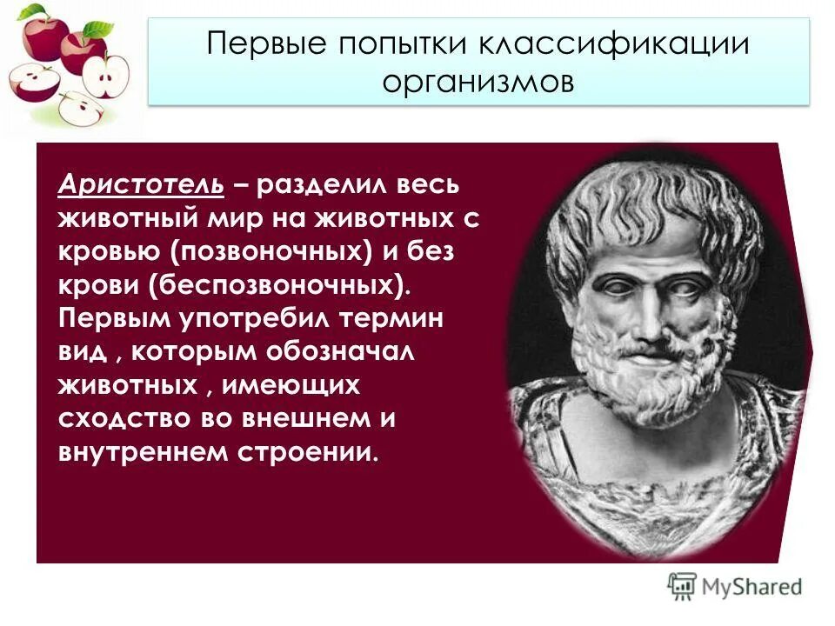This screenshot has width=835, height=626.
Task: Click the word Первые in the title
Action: (x=261, y=45)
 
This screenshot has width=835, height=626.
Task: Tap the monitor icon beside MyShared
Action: (x=682, y=586)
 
